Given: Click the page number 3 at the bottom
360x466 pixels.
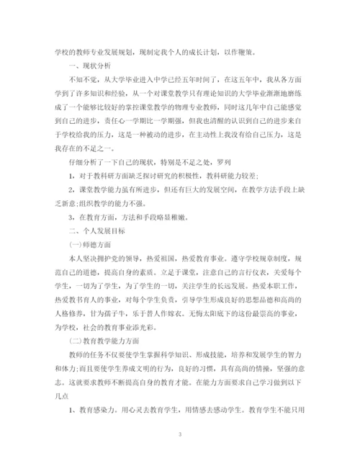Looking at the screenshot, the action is pos(180,435).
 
